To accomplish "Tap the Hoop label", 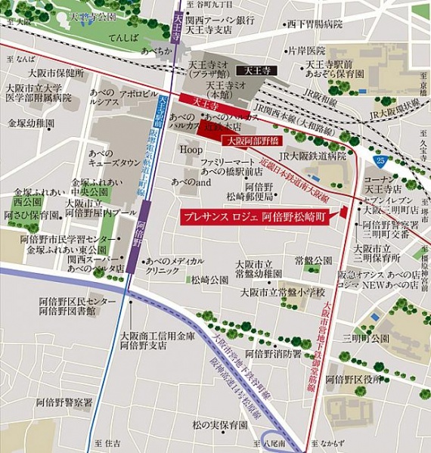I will coord(191,150).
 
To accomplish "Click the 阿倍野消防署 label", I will coord(275,354).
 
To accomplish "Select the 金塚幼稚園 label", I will coord(31,122).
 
